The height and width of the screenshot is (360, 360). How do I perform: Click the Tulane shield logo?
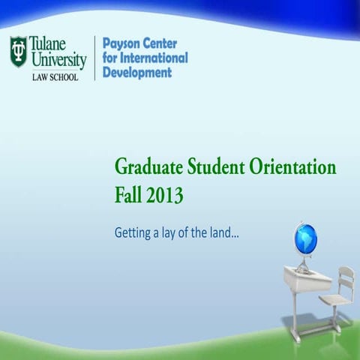click(x=18, y=50)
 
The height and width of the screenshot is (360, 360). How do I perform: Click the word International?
click(x=155, y=58)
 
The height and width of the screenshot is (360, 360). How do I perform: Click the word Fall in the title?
click(x=129, y=196)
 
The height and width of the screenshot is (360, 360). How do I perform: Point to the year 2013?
click(x=165, y=196)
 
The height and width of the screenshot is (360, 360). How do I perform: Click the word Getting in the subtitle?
click(x=133, y=234)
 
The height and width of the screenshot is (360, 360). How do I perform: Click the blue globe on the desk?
click(x=307, y=241)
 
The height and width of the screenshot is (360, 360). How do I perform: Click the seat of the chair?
click(x=334, y=300)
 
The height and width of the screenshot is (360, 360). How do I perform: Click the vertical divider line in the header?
click(x=94, y=58)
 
